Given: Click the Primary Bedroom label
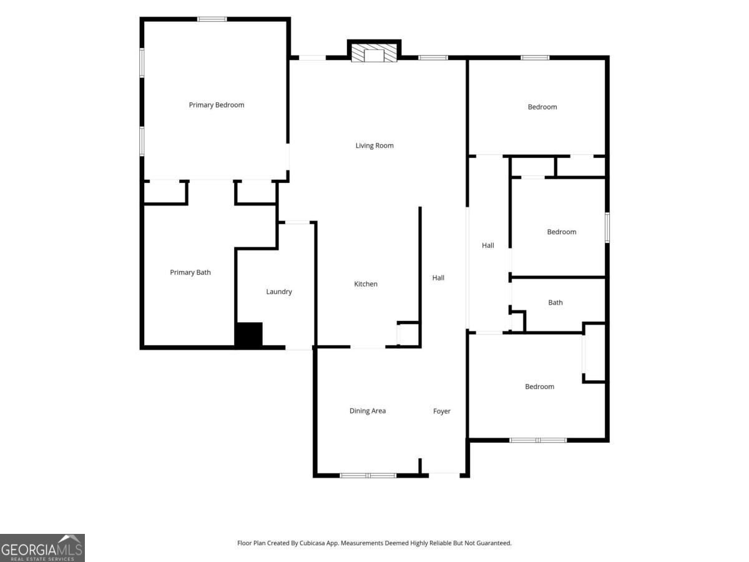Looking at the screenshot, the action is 217,105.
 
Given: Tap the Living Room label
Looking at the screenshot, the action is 374,145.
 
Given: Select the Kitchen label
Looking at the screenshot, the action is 366,284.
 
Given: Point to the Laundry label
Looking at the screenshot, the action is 279,292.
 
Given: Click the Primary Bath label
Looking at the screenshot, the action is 190,272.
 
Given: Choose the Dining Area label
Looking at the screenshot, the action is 368,411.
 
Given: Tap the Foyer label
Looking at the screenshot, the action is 441,411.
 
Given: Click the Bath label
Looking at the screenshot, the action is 555,302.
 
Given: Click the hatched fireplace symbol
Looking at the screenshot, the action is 374,53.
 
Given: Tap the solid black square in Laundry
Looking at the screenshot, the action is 249,335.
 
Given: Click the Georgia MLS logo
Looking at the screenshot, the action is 42,548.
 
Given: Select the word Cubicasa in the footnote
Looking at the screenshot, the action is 312,543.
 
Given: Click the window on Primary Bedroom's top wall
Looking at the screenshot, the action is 212,19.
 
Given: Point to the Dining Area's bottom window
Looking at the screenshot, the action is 368,475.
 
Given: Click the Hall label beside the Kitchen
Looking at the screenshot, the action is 438,278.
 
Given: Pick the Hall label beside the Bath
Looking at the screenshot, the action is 487,245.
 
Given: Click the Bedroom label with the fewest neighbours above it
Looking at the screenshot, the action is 542,107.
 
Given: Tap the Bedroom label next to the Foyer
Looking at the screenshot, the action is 539,387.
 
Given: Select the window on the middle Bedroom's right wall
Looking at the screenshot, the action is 607,227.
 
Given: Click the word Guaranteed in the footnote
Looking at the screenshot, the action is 494,543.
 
